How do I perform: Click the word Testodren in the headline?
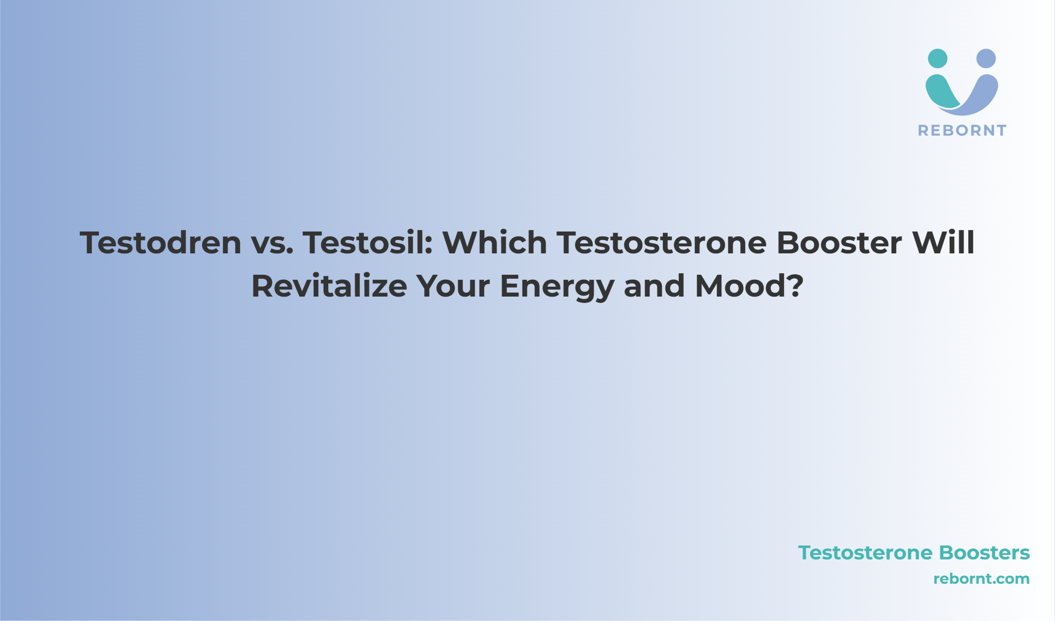point(161,242)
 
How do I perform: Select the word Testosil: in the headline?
point(368,242)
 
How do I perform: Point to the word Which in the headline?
point(495,242)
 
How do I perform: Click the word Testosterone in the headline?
point(662,242)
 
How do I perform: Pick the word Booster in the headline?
point(840,242)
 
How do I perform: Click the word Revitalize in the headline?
point(329,286)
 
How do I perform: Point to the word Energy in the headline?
point(557,288)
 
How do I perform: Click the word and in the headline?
point(654,286)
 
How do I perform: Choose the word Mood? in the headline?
point(749,286)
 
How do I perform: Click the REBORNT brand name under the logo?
point(962,131)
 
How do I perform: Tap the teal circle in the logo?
point(937,59)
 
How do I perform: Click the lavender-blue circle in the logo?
point(986,59)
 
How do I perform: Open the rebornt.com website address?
point(982,579)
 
